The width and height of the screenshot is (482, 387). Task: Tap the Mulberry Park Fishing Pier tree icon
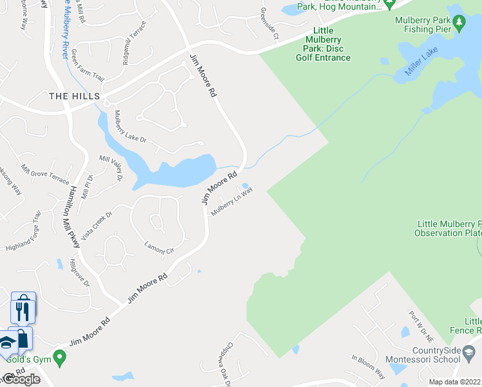tap(459, 25)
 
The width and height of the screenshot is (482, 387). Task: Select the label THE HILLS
tap(75, 96)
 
